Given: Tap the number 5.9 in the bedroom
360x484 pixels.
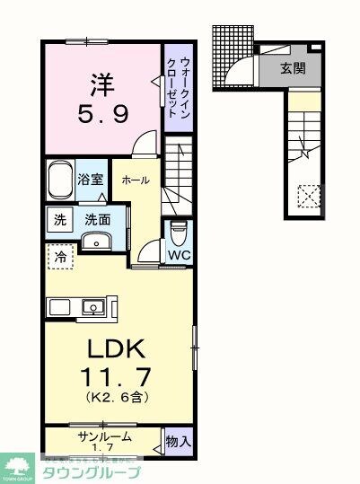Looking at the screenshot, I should (x=100, y=115).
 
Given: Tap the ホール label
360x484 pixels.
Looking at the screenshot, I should (x=135, y=179).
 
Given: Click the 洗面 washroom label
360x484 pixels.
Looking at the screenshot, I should (x=97, y=218).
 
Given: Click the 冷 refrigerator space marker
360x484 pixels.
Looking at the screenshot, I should (x=57, y=255).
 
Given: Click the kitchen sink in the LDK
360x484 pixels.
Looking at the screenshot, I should (x=92, y=307).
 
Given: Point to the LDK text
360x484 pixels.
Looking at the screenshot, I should (x=115, y=349).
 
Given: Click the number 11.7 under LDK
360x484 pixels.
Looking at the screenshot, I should (x=115, y=376).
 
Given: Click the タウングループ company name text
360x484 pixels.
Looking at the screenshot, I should (x=92, y=472).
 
